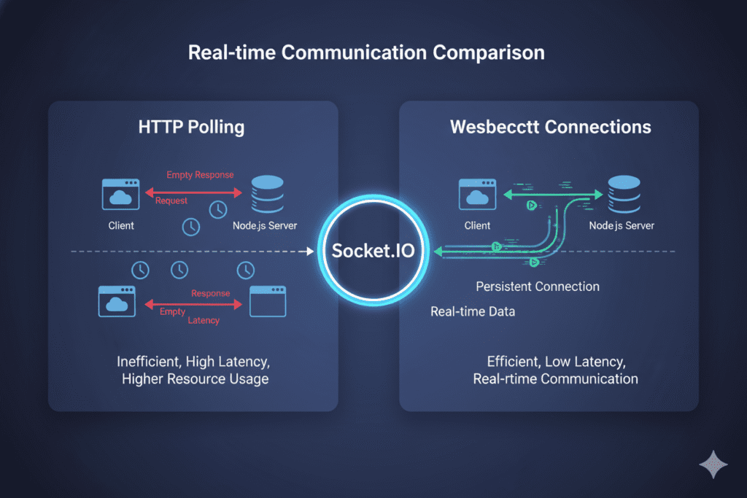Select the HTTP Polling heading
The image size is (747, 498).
[191, 127]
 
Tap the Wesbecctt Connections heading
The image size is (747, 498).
[550, 127]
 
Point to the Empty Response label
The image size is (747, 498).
[200, 175]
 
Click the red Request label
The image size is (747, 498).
[171, 201]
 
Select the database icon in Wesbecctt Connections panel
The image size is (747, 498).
[622, 193]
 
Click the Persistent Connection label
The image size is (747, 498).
[538, 287]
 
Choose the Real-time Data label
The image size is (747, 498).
[473, 312]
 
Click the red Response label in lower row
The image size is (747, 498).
[210, 293]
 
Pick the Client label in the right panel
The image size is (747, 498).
[478, 225]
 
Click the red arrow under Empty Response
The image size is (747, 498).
[193, 192]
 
